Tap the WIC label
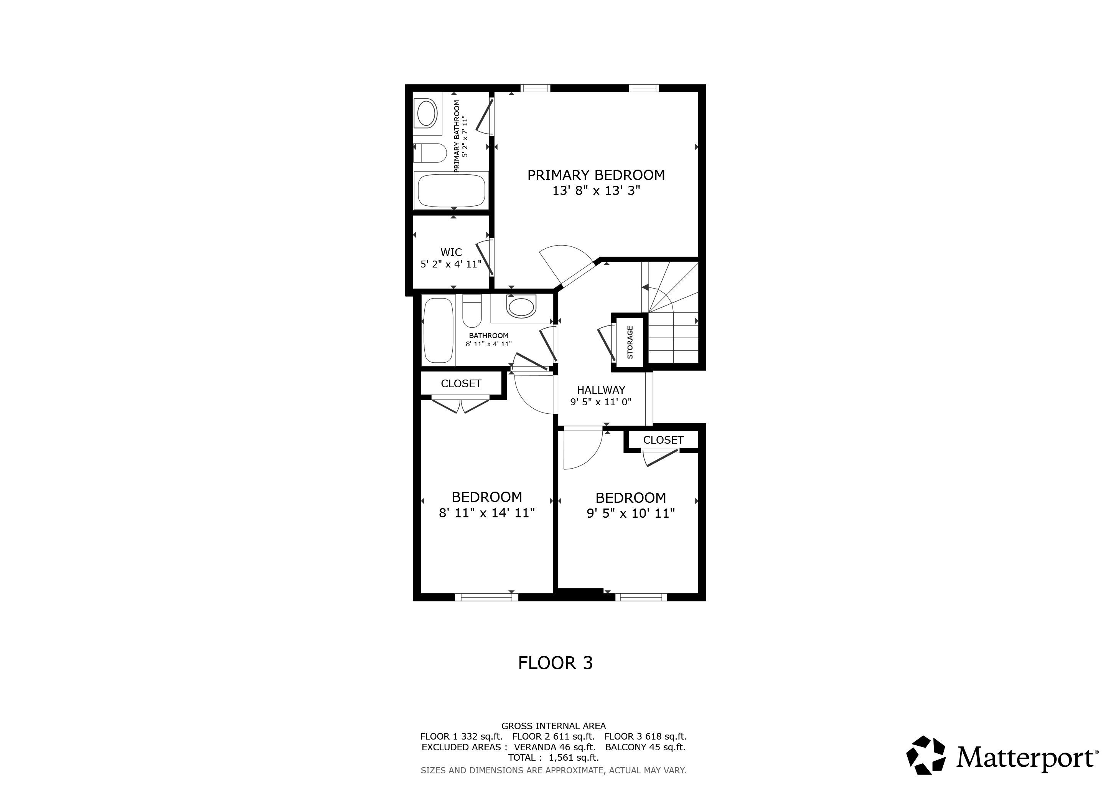[x=451, y=252]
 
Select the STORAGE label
[x=630, y=342]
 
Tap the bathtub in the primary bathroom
[x=451, y=190]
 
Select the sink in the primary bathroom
[x=427, y=114]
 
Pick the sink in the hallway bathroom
[x=521, y=306]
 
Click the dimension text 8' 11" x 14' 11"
[x=486, y=512]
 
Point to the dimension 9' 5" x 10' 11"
[x=631, y=513]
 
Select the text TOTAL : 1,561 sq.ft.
[x=554, y=758]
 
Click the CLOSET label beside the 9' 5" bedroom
[x=663, y=440]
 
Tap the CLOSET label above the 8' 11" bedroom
[x=461, y=383]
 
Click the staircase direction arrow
[x=646, y=287]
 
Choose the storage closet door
[x=607, y=345]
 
